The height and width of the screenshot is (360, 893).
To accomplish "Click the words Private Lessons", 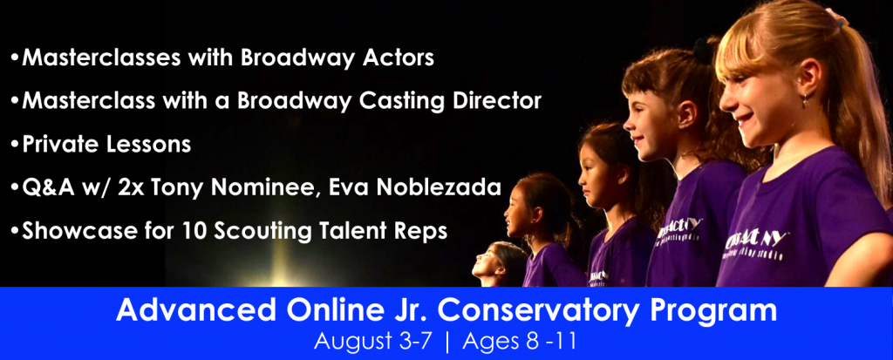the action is (x=106, y=144).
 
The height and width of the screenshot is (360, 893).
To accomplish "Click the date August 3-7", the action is (x=374, y=342).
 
